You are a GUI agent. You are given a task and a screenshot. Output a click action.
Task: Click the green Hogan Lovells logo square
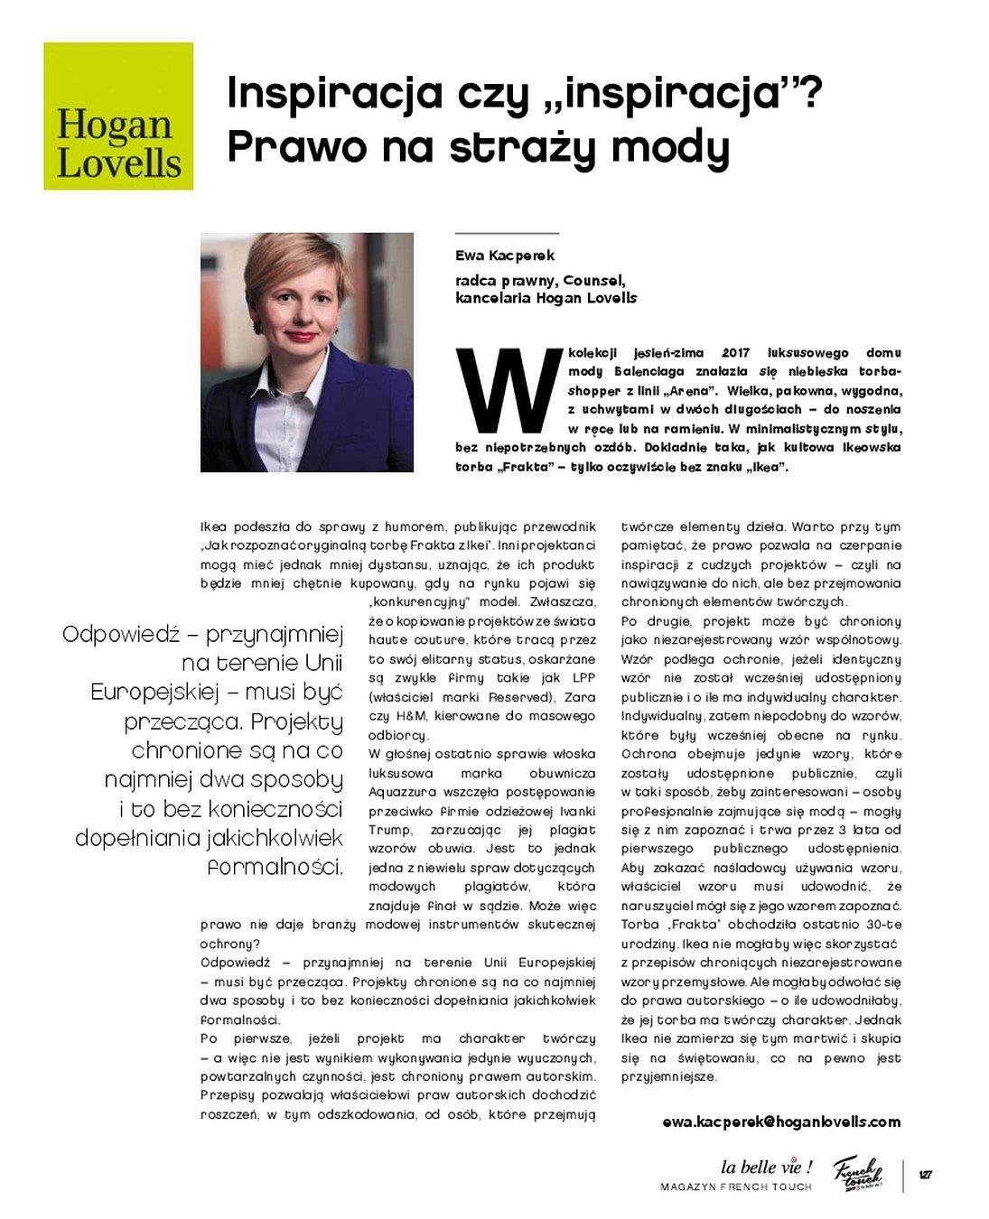(118, 116)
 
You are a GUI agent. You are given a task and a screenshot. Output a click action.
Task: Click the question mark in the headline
(810, 93)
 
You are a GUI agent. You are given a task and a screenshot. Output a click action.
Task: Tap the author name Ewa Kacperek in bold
(505, 256)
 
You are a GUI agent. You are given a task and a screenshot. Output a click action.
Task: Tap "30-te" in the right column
(882, 925)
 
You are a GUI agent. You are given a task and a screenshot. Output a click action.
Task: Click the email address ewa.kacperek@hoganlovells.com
(781, 1121)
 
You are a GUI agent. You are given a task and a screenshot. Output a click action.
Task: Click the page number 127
(925, 1175)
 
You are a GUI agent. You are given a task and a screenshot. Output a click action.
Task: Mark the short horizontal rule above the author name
(507, 234)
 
